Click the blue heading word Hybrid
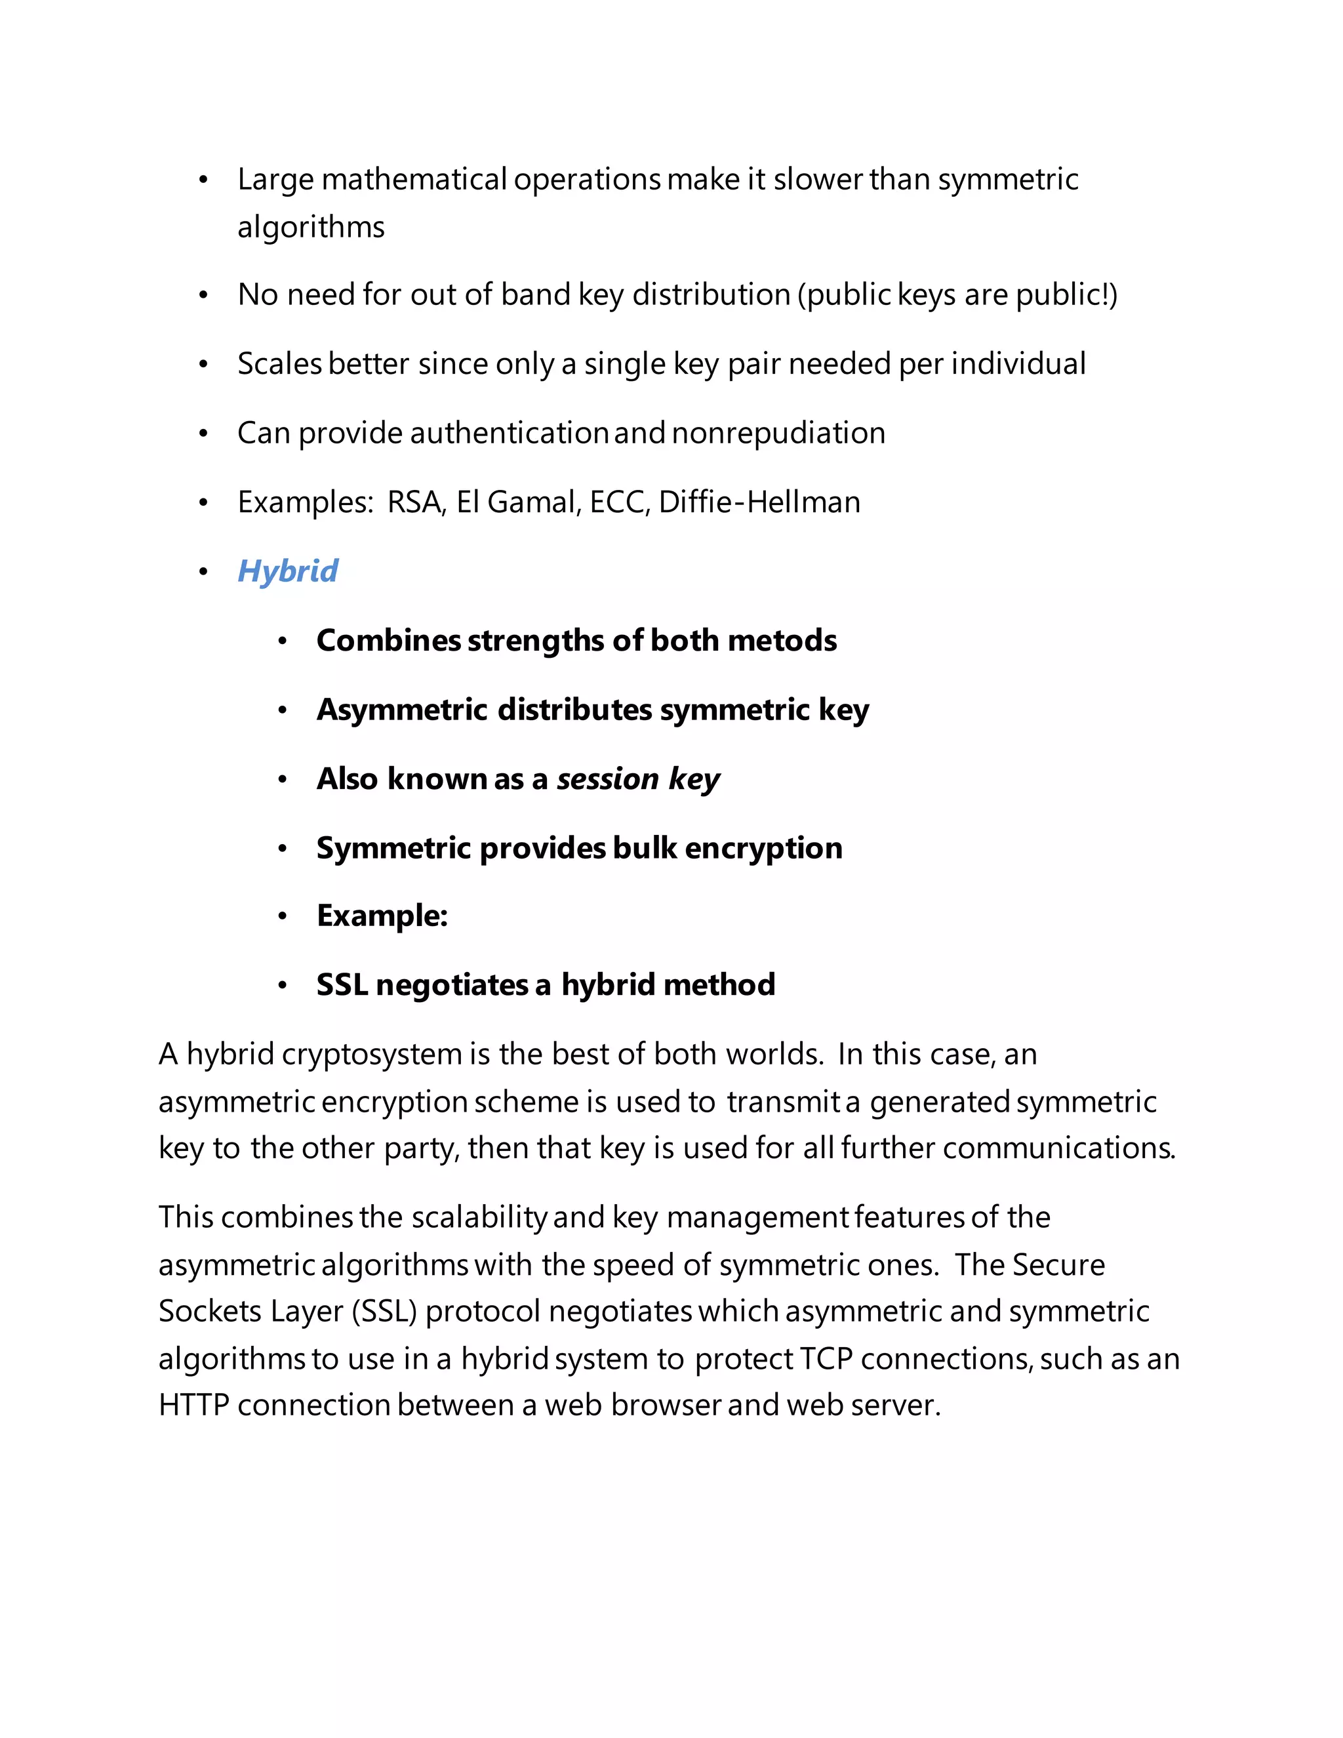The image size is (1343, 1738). pyautogui.click(x=287, y=571)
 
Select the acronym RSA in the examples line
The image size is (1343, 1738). pyautogui.click(x=415, y=502)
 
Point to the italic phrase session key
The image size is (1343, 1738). pyautogui.click(x=638, y=779)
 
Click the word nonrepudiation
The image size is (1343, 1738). pyautogui.click(x=778, y=433)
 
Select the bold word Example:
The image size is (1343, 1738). pyautogui.click(x=382, y=916)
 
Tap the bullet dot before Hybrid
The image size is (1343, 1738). pyautogui.click(x=204, y=572)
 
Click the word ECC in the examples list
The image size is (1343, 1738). pyautogui.click(x=619, y=502)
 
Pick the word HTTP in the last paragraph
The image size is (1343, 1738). pyautogui.click(x=193, y=1405)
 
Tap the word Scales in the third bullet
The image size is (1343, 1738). pyautogui.click(x=279, y=364)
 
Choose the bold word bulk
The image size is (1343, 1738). pyautogui.click(x=645, y=848)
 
